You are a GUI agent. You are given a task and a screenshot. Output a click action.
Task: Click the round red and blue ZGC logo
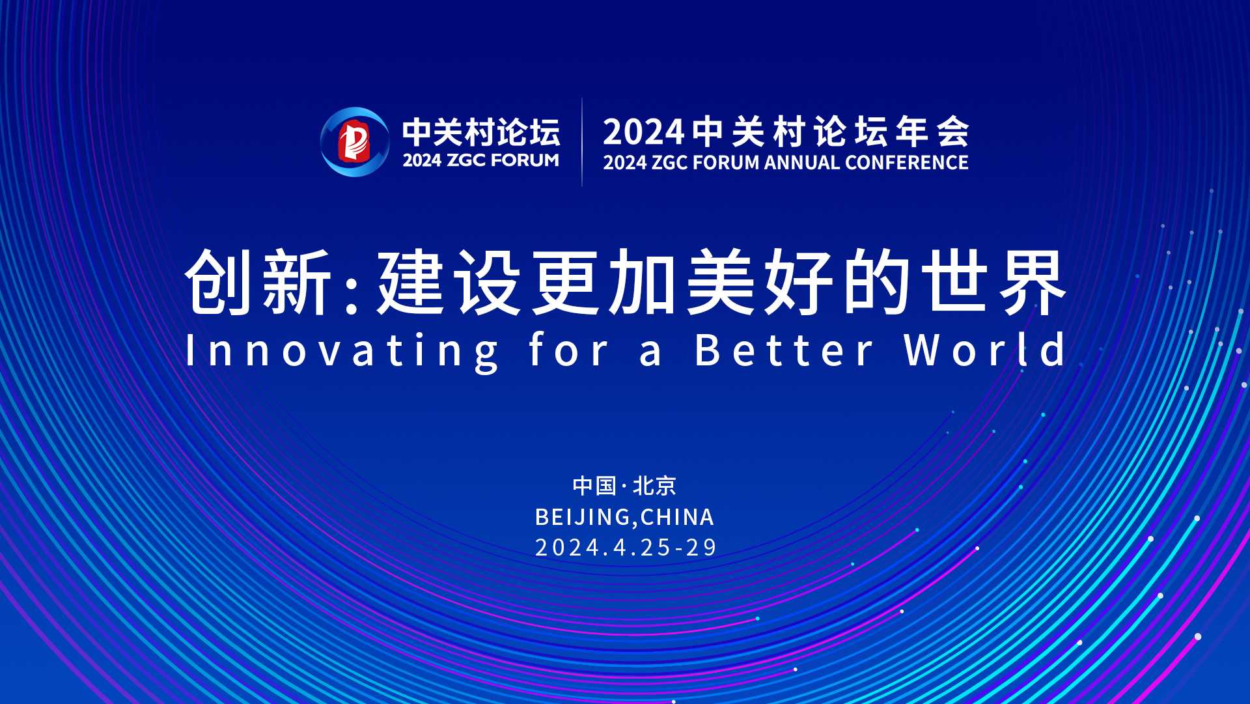tap(354, 142)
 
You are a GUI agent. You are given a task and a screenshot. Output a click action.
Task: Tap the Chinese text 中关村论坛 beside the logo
tap(480, 132)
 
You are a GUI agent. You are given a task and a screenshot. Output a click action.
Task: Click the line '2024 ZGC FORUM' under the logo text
tap(480, 160)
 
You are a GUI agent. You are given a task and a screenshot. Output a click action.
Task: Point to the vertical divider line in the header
tap(582, 142)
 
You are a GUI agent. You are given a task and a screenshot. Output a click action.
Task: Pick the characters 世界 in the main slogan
tap(996, 283)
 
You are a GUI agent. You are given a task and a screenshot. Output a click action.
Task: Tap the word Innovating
tap(342, 351)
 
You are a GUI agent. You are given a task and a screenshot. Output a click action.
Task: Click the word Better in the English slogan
tap(785, 350)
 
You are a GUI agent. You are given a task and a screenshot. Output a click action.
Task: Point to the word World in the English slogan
tap(985, 350)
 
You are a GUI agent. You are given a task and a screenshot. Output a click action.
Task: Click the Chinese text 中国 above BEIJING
tap(594, 486)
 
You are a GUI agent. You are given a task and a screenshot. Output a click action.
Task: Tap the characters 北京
tap(654, 486)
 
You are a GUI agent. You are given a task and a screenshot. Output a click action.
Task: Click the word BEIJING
tap(582, 517)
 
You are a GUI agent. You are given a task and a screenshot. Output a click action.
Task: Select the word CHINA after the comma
tap(677, 517)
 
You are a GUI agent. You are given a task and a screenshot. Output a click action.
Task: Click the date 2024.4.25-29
tap(625, 547)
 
